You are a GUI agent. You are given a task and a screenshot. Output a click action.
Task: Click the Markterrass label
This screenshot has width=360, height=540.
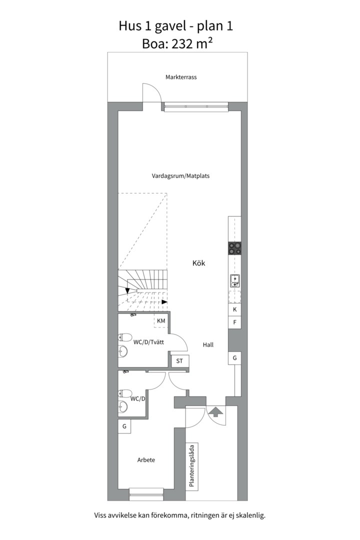pyautogui.click(x=181, y=77)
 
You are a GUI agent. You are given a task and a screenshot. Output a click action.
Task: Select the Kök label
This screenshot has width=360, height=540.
pyautogui.click(x=199, y=263)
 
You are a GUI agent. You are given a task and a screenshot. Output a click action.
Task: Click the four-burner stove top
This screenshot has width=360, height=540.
pyautogui.click(x=234, y=248)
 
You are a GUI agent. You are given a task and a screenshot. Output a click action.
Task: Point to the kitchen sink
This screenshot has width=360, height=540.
pyautogui.click(x=234, y=280)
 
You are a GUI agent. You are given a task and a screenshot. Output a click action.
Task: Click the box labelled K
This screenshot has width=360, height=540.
pyautogui.click(x=234, y=309)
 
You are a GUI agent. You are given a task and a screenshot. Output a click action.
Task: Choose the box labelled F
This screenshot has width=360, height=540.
pyautogui.click(x=234, y=322)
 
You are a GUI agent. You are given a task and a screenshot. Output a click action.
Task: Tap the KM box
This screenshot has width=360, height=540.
pyautogui.click(x=161, y=320)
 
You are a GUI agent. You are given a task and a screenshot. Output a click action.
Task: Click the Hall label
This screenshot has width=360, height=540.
pyautogui.click(x=208, y=344)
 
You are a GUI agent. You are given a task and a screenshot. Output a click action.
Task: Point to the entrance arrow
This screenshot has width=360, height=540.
pyautogui.click(x=215, y=411)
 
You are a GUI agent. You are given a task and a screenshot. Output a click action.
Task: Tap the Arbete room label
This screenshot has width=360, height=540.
pyautogui.click(x=146, y=460)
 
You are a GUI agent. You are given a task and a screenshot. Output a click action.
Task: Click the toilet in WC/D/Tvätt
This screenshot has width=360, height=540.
pyautogui.click(x=125, y=336)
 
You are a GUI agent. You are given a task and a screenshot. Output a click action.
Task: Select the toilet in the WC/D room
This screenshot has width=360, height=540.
pyautogui.click(x=124, y=393)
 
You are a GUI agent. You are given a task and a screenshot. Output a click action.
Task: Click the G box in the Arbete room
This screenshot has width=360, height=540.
pyautogui.click(x=124, y=426)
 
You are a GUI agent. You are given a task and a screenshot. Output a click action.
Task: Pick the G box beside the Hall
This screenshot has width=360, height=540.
pyautogui.click(x=234, y=358)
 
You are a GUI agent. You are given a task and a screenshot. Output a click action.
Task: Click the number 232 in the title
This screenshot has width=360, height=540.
pyautogui.click(x=182, y=43)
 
